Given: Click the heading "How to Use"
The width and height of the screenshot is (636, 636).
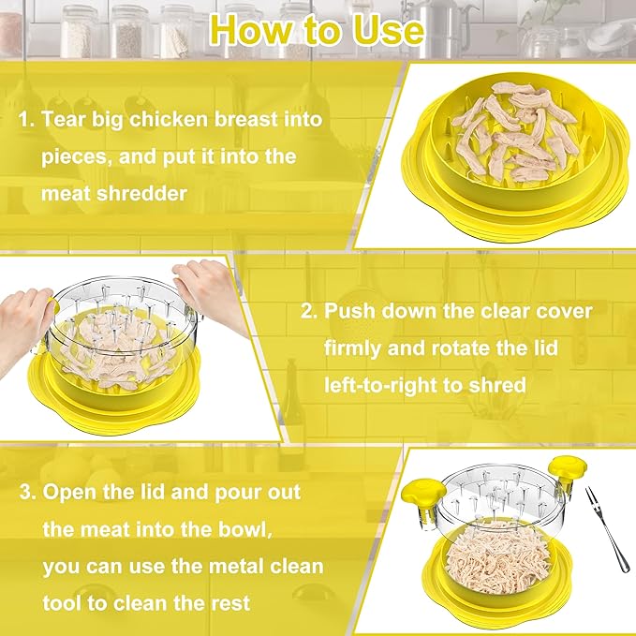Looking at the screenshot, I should [317, 28].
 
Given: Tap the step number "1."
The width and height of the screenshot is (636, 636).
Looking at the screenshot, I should [26, 120].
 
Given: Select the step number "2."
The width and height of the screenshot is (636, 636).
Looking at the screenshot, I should [311, 310].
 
